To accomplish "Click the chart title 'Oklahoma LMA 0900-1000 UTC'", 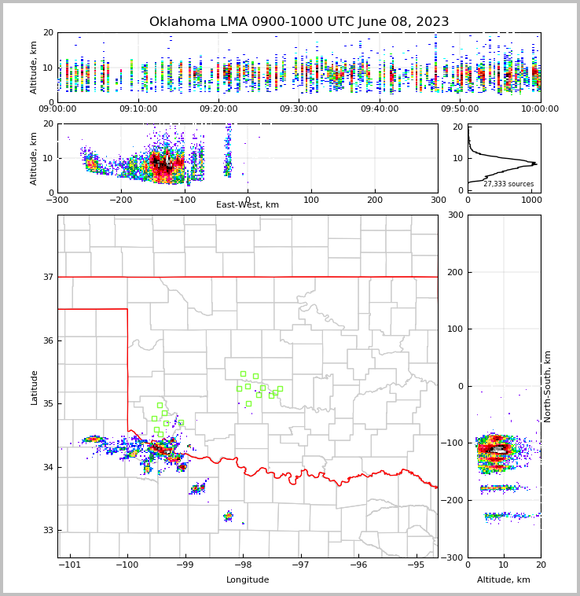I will point(299,22).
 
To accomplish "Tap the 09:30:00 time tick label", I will point(299,109).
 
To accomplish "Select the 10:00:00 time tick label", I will point(540,109).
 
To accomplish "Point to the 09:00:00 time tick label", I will point(57,109).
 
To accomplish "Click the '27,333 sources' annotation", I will point(508,184).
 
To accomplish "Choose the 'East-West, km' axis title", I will point(248,205).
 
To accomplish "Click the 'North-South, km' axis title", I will point(548,386).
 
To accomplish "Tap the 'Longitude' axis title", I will point(248,580).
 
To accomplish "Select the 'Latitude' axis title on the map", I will point(34,387).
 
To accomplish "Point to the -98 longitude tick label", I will point(242,565).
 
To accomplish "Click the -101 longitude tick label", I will point(70,565).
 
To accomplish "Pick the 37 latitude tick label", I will point(47,277).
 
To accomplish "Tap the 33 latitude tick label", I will point(47,531).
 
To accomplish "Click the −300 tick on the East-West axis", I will point(57,200).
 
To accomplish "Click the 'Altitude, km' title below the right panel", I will point(504,580).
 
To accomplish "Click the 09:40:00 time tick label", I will point(380,109).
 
